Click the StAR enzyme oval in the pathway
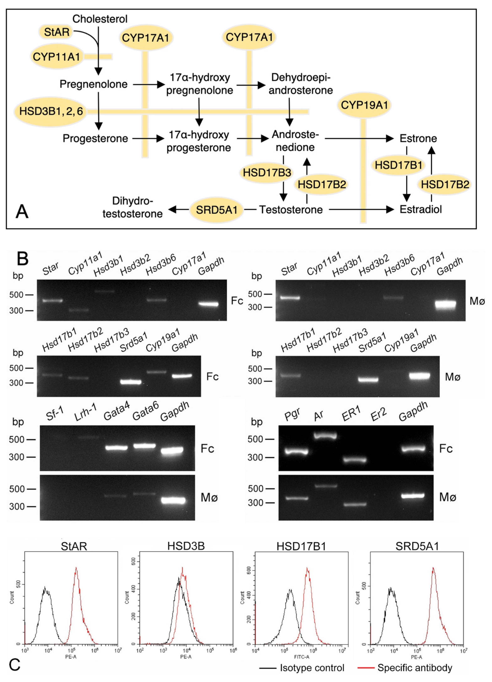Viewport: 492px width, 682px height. (56, 32)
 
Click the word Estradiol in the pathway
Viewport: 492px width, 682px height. (420, 210)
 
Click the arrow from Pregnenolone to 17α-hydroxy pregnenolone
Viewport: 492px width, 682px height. (149, 85)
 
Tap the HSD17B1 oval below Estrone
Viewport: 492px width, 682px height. (399, 165)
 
